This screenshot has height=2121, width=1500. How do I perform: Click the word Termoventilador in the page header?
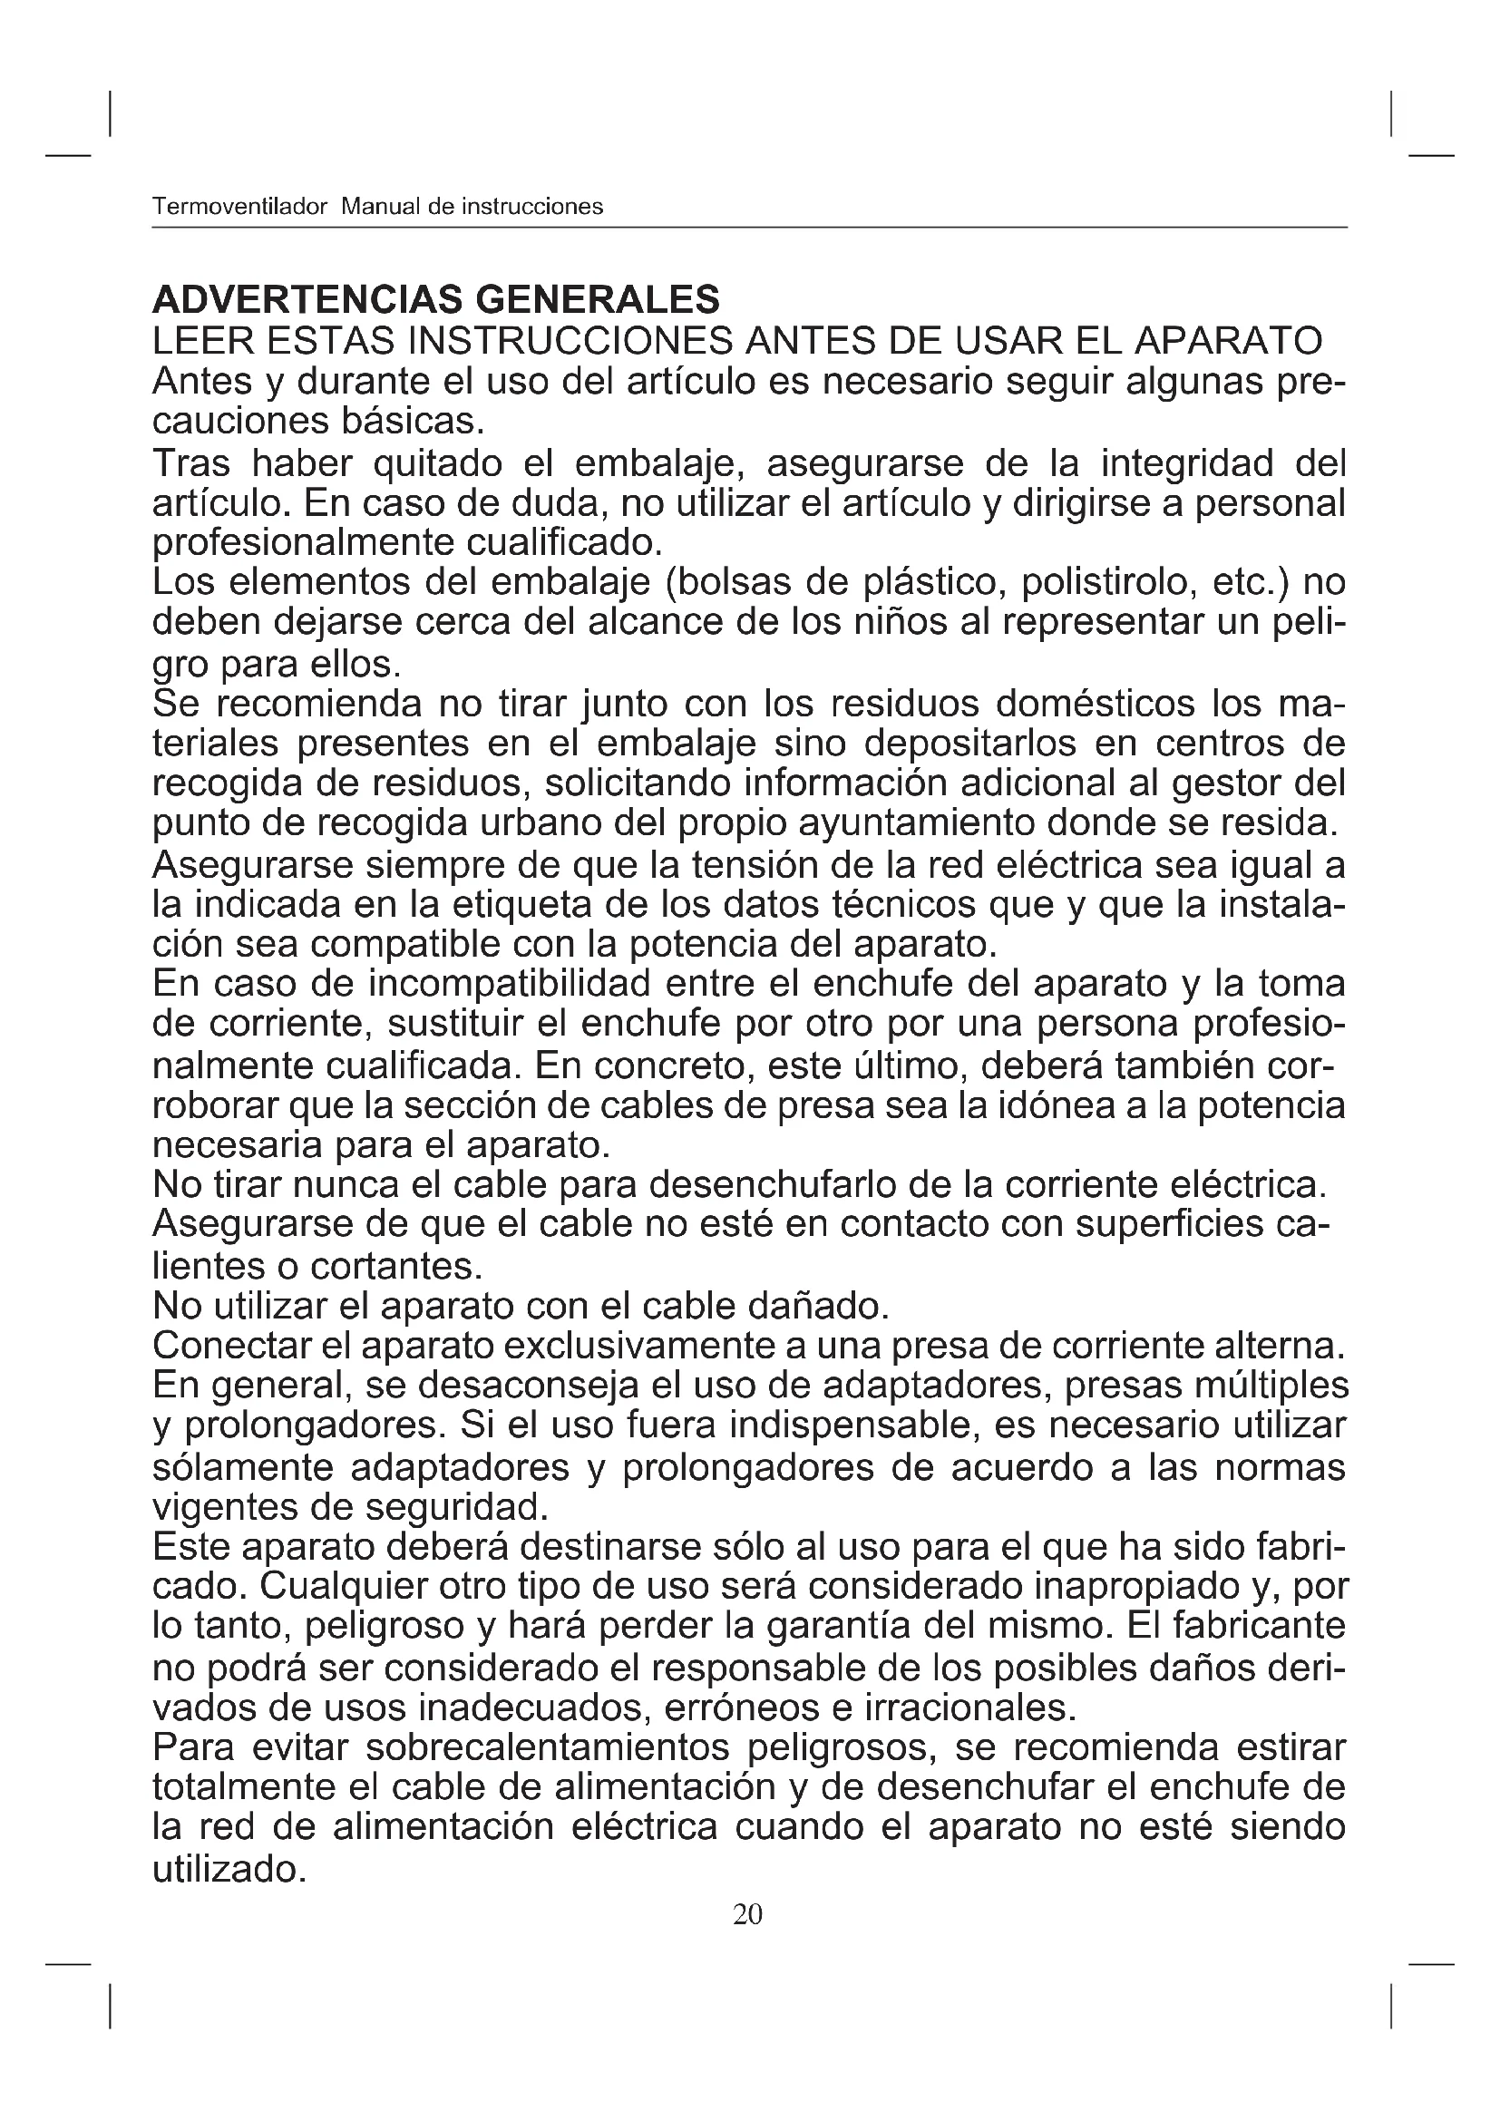(239, 207)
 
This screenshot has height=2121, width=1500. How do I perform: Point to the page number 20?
(747, 1914)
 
